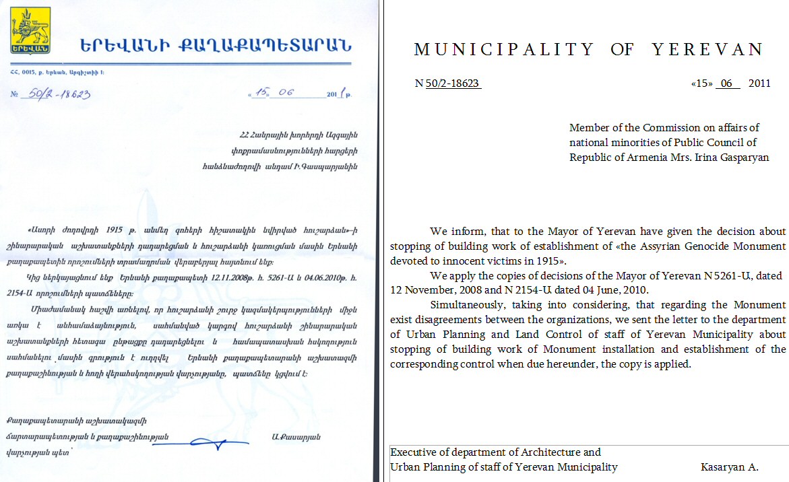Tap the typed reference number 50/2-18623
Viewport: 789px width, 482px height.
click(x=453, y=83)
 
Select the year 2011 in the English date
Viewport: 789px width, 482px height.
click(x=759, y=83)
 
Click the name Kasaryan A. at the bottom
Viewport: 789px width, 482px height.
click(x=730, y=467)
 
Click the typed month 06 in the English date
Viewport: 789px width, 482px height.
click(x=726, y=83)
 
